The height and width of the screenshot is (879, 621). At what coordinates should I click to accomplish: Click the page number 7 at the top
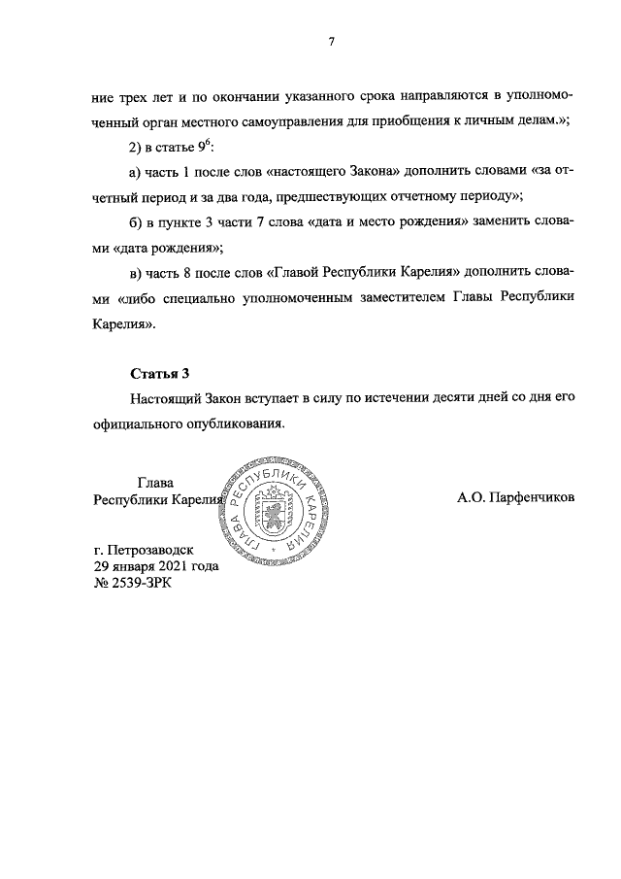332,42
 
